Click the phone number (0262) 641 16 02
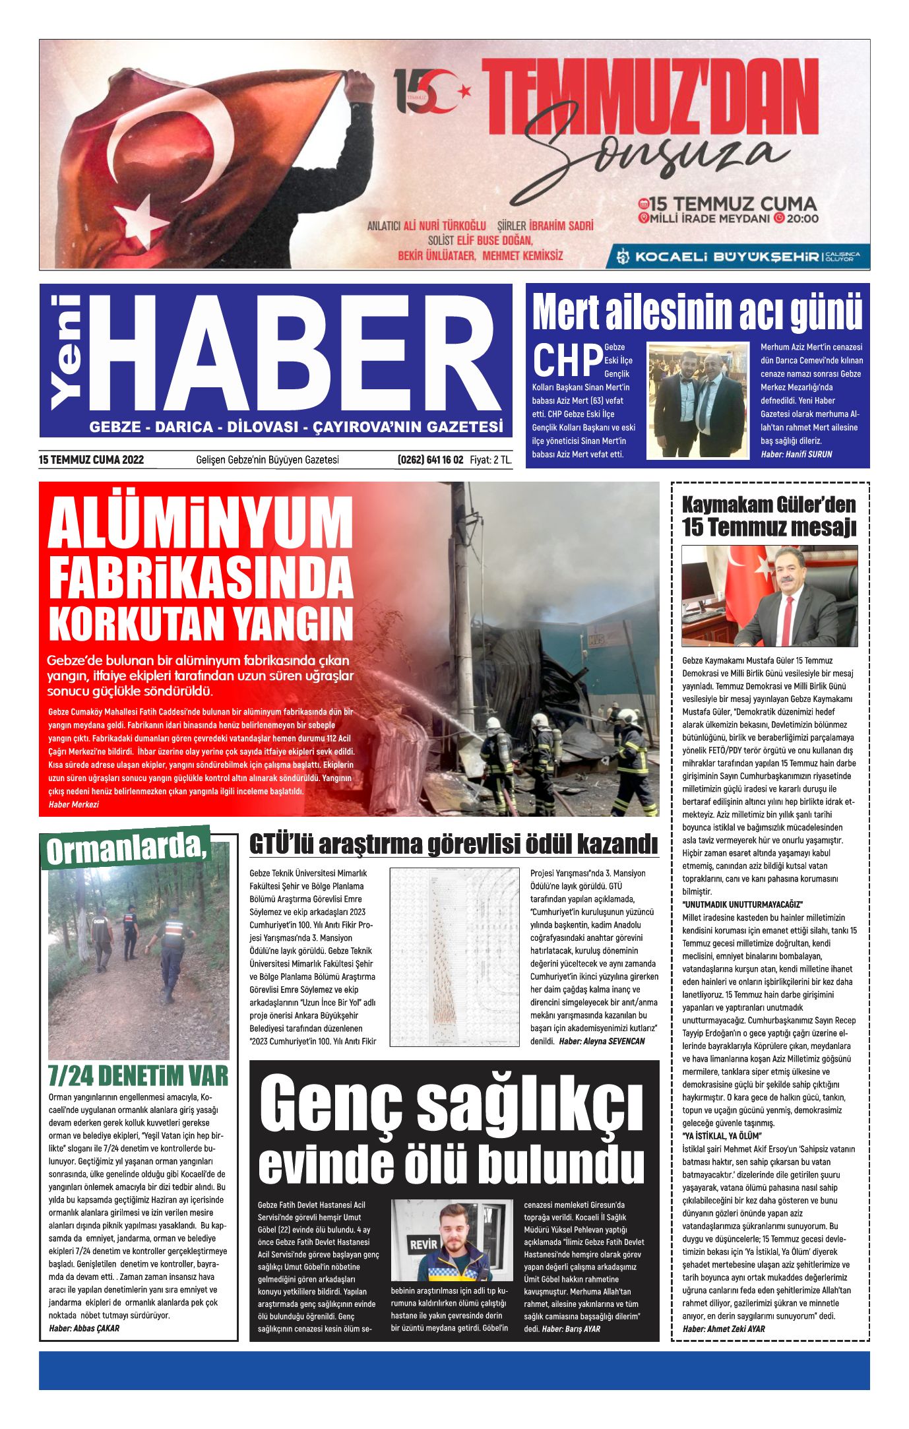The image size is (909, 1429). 430,460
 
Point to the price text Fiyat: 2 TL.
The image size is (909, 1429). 491,460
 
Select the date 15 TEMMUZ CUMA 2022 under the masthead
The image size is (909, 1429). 92,460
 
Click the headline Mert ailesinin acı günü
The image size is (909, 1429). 697,312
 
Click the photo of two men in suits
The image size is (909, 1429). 698,400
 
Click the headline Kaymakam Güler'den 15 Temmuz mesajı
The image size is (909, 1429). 768,516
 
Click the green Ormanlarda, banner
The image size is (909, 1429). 125,848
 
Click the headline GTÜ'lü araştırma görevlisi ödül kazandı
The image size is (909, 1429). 453,844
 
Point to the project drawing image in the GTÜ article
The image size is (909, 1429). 454,956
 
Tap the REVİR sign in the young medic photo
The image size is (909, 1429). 423,1244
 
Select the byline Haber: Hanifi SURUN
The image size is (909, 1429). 796,455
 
